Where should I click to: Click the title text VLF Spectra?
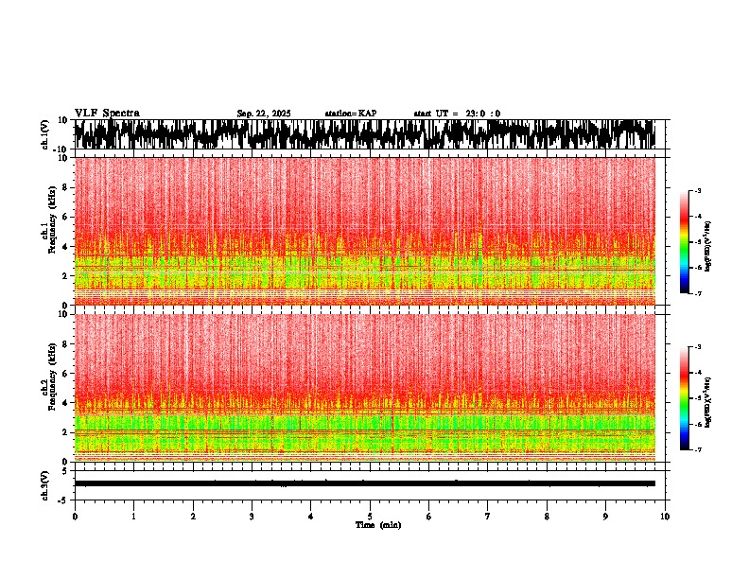(107, 113)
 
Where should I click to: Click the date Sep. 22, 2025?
(264, 114)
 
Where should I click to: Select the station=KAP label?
(351, 114)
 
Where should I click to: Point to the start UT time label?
(457, 114)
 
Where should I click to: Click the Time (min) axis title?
(377, 525)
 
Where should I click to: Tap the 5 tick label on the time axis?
(370, 517)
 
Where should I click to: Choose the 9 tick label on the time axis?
(606, 517)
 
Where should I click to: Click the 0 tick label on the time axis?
(75, 517)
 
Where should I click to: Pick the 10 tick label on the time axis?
(665, 517)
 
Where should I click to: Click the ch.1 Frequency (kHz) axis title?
(48, 231)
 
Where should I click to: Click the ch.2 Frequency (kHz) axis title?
(48, 388)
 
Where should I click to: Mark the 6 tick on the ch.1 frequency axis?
(64, 217)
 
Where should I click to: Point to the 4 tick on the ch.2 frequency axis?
(64, 402)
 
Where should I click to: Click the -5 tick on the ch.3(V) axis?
(63, 499)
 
